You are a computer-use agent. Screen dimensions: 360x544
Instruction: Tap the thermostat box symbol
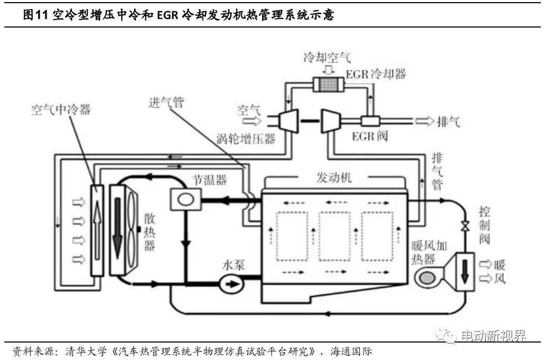click(185, 200)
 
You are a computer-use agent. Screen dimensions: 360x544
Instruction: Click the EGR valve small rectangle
click(367, 121)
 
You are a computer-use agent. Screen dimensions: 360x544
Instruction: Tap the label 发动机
click(334, 178)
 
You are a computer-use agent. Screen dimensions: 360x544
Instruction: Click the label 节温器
click(209, 180)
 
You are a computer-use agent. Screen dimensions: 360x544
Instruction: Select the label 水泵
click(233, 265)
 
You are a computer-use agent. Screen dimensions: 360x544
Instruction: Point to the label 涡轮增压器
click(246, 139)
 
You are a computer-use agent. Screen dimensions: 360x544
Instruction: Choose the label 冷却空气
click(327, 58)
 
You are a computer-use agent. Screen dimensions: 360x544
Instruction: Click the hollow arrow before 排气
click(424, 121)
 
